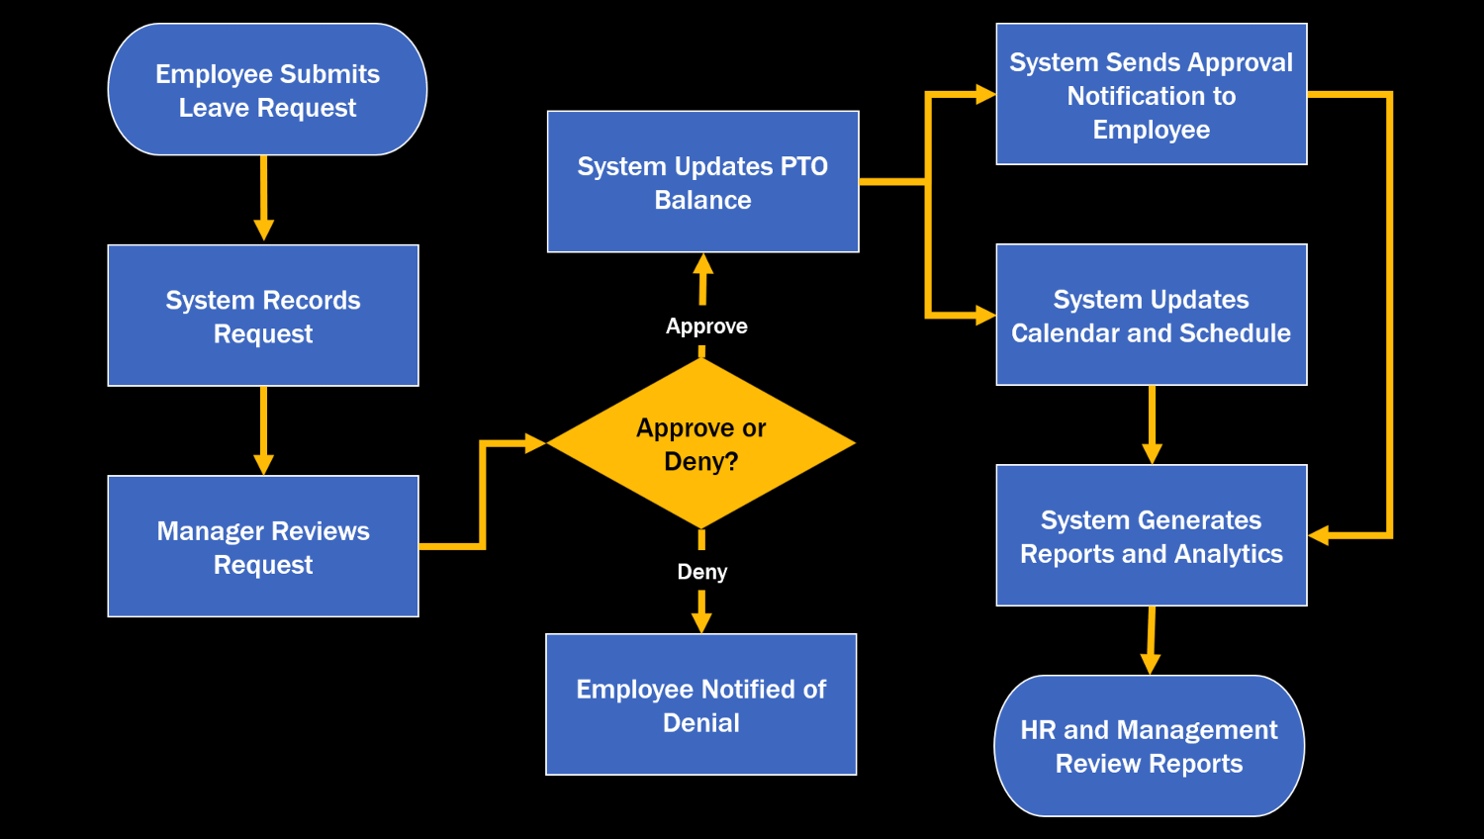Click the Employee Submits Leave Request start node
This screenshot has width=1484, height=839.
coord(267,90)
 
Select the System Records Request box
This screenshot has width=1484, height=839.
coord(263,316)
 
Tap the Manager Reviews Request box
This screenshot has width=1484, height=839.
coord(263,547)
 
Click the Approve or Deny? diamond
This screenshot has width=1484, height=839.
coord(700,443)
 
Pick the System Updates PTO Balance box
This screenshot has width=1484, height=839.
coord(702,182)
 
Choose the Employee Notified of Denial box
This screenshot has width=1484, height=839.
coord(700,704)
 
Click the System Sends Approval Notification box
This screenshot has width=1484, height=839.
coord(1151,95)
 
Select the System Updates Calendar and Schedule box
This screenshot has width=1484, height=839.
coord(1151,315)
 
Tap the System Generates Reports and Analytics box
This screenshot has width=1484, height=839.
coord(1151,535)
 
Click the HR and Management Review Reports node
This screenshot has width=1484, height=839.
coord(1149,746)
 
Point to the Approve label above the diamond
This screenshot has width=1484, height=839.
coord(706,326)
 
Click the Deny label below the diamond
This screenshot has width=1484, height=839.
coord(702,572)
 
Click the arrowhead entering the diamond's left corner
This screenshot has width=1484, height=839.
coord(535,443)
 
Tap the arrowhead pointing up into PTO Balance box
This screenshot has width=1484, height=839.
coord(703,264)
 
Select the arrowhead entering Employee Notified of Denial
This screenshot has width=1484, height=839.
coord(701,622)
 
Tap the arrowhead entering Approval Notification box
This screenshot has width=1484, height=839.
coord(985,95)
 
